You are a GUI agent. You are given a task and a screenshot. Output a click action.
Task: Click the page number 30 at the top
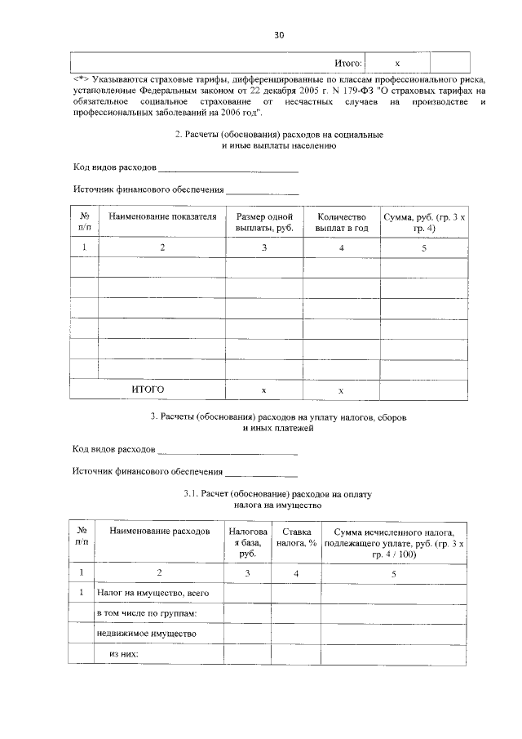(279, 35)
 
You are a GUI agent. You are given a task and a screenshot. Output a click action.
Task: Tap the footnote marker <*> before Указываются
(81, 79)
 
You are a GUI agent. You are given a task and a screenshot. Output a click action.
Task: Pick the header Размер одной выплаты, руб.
(264, 223)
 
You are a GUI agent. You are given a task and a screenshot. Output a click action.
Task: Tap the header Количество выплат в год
(342, 223)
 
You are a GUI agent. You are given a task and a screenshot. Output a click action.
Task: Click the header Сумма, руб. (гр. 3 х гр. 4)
(424, 223)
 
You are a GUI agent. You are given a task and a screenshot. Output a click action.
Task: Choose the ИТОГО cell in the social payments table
(148, 390)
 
